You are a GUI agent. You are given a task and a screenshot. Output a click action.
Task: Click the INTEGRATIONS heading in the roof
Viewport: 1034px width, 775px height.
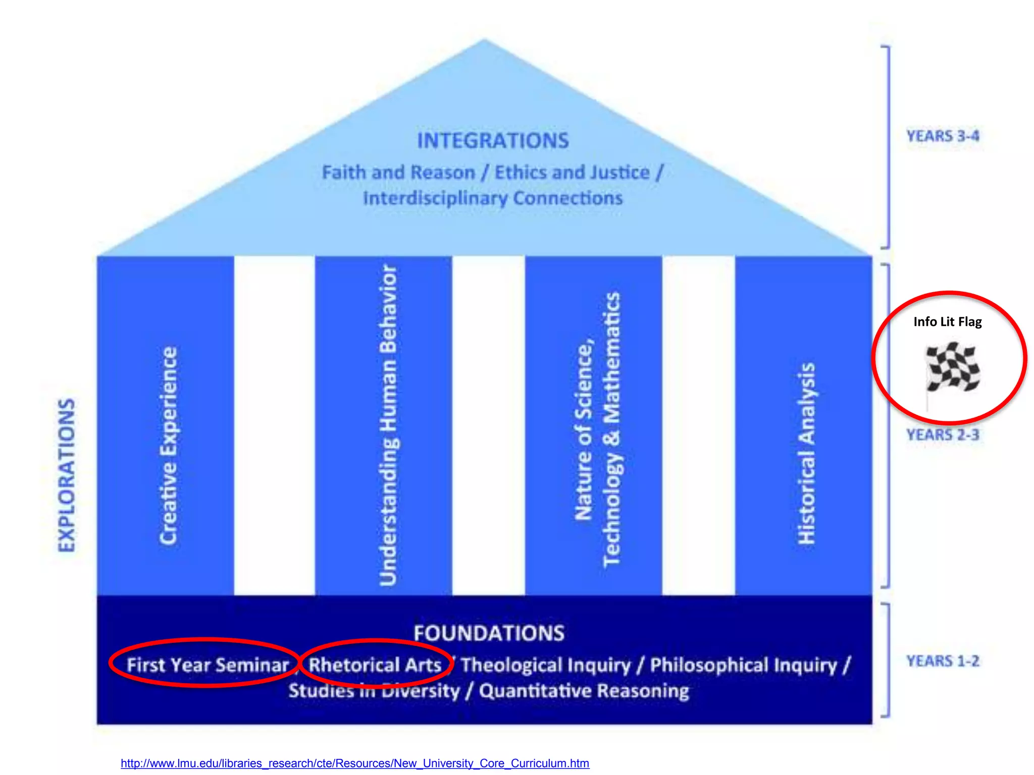[493, 141]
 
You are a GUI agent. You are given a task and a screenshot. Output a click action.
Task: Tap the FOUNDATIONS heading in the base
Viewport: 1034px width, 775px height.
[489, 633]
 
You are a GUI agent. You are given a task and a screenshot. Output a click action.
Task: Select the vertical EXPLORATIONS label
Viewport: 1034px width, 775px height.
[67, 475]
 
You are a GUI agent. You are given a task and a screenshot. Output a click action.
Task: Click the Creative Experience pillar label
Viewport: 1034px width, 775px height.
[168, 446]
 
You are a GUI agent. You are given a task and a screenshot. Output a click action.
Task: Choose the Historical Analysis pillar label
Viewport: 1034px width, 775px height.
[806, 453]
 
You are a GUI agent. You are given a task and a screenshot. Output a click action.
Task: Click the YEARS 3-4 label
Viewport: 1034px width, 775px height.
[942, 136]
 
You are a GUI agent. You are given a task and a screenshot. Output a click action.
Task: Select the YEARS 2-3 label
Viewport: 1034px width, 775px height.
[942, 434]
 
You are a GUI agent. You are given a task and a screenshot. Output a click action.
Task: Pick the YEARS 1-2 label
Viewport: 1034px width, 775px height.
[942, 661]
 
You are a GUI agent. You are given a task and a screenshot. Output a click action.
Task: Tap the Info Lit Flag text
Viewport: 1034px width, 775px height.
[947, 322]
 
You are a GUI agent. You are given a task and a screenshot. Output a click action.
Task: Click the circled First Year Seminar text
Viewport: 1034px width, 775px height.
[208, 665]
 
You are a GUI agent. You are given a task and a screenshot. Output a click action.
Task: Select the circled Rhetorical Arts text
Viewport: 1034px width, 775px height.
[375, 665]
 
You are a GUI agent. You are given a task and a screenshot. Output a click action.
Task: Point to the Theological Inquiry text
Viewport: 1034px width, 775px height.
[546, 665]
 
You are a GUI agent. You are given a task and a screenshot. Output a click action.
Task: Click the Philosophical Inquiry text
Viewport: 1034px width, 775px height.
[744, 665]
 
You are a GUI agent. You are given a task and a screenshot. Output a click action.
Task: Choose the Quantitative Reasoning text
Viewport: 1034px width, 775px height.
[584, 691]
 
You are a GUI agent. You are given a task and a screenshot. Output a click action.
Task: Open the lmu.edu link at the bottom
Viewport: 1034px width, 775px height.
[355, 763]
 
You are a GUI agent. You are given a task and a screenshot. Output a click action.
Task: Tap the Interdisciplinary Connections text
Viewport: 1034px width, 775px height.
[493, 198]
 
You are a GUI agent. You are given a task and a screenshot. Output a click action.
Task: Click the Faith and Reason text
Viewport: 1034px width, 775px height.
[398, 173]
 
